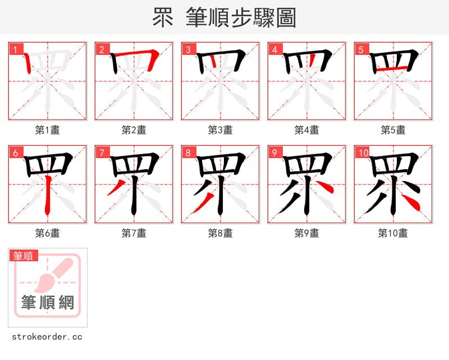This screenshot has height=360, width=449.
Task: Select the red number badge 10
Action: (x=363, y=153)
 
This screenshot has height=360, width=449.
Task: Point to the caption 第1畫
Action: (x=48, y=130)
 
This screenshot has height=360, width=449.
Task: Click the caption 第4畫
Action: (x=307, y=130)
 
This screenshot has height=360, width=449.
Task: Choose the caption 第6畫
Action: (x=48, y=233)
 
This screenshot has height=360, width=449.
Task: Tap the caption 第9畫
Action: (x=307, y=233)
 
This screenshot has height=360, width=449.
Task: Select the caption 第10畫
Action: (x=393, y=233)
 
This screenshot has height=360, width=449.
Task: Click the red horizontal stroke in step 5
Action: (x=391, y=68)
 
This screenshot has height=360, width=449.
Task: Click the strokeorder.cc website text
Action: (x=47, y=337)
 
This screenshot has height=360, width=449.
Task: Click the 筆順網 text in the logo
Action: (x=48, y=303)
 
